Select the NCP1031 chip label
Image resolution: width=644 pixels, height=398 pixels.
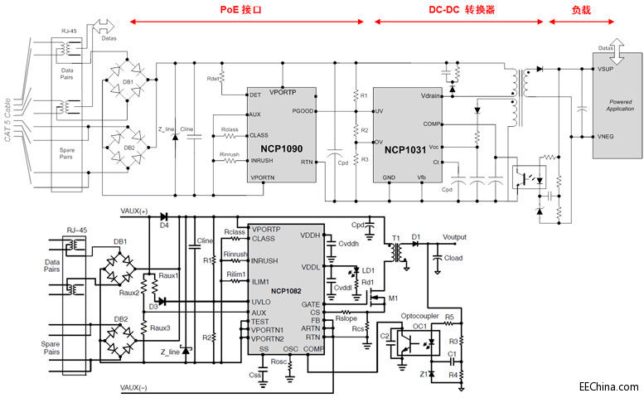[407, 152]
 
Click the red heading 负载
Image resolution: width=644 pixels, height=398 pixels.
[582, 11]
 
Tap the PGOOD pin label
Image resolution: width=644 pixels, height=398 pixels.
[302, 110]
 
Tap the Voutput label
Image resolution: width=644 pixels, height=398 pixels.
[460, 237]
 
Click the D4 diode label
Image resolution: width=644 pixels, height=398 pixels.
[164, 226]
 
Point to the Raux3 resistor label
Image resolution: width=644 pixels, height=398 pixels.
[161, 328]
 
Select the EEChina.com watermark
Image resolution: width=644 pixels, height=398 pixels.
[609, 386]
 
